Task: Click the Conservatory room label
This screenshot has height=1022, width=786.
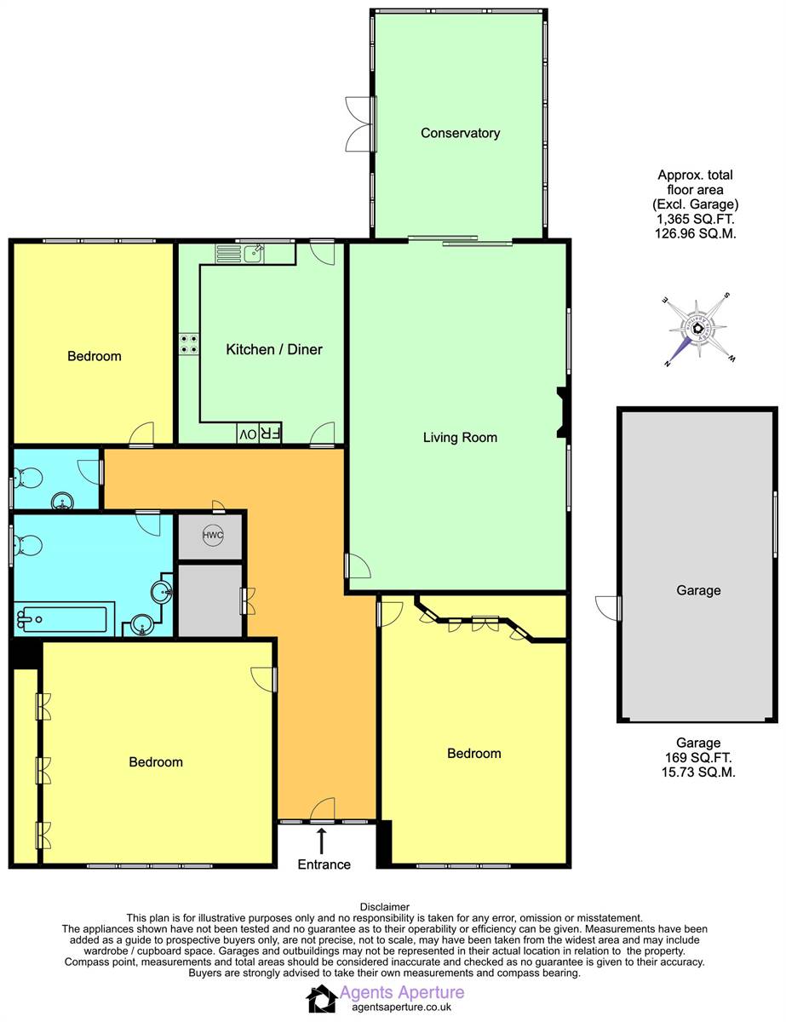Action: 460,133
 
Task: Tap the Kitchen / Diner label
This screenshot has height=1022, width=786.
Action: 273,349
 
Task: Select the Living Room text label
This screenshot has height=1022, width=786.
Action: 460,438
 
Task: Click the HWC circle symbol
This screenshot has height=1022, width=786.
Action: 211,536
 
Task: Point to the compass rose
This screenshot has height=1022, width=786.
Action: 697,329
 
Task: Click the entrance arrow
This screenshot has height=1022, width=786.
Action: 321,841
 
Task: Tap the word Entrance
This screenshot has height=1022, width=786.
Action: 324,864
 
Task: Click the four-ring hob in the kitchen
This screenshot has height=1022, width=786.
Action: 188,342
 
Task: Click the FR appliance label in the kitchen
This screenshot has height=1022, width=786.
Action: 270,434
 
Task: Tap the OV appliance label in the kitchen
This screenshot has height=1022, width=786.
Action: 247,434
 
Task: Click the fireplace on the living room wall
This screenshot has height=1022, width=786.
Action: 561,413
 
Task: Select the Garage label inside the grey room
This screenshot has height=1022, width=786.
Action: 698,590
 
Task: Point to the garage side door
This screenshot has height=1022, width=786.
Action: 610,607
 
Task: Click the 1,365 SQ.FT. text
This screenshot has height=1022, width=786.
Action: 695,218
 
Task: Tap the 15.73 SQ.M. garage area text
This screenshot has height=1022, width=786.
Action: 698,772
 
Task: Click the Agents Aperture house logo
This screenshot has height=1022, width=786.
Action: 321,998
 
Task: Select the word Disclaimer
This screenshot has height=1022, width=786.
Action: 385,907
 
